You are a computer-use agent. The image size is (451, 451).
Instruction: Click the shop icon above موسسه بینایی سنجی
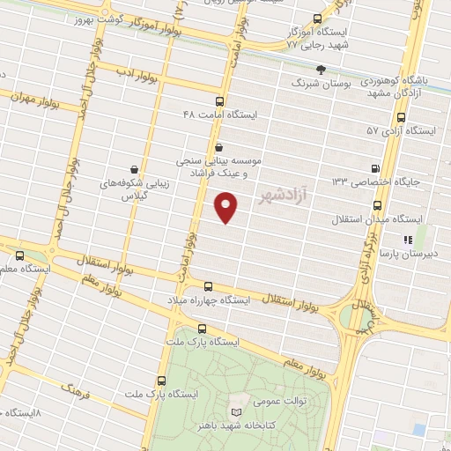(x=219, y=147)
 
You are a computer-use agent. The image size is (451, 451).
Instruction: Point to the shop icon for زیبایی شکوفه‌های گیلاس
(x=134, y=168)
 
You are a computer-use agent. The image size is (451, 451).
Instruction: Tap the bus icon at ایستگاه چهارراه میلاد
(x=209, y=286)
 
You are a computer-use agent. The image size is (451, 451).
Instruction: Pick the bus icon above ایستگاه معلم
(x=19, y=255)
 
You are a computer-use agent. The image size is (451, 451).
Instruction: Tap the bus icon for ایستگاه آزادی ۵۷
(x=402, y=116)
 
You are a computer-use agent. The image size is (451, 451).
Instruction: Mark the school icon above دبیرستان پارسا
(x=408, y=239)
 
